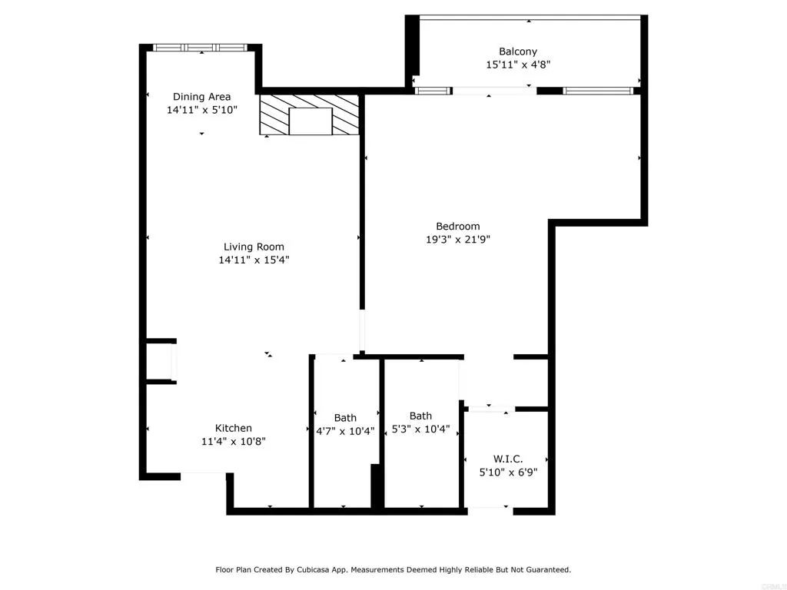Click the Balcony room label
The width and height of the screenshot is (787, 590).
coord(518,51)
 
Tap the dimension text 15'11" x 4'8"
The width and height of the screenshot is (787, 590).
coord(518,65)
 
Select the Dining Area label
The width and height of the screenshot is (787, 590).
coord(201,97)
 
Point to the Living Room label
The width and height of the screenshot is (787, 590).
coord(254,247)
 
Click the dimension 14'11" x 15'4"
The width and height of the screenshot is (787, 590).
coord(254,260)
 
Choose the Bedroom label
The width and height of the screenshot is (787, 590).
coord(457,226)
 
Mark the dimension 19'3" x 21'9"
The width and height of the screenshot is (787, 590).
coord(457,239)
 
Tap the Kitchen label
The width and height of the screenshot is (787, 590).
coord(233,428)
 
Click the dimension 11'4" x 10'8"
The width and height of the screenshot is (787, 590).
coord(233,442)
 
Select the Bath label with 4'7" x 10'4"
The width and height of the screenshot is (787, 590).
coord(345,418)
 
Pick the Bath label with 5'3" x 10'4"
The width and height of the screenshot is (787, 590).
coord(420,416)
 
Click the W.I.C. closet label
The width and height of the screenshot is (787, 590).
coord(507,459)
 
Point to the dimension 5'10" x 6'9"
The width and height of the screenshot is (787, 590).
coord(507,472)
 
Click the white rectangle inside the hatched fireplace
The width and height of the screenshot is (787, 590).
coord(310,121)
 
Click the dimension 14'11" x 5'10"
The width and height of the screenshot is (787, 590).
coord(201,110)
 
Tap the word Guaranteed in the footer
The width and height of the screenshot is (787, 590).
coord(546,570)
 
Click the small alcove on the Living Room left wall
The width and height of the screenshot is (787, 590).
coord(160,361)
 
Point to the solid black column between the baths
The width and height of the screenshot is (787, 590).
coord(377,486)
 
